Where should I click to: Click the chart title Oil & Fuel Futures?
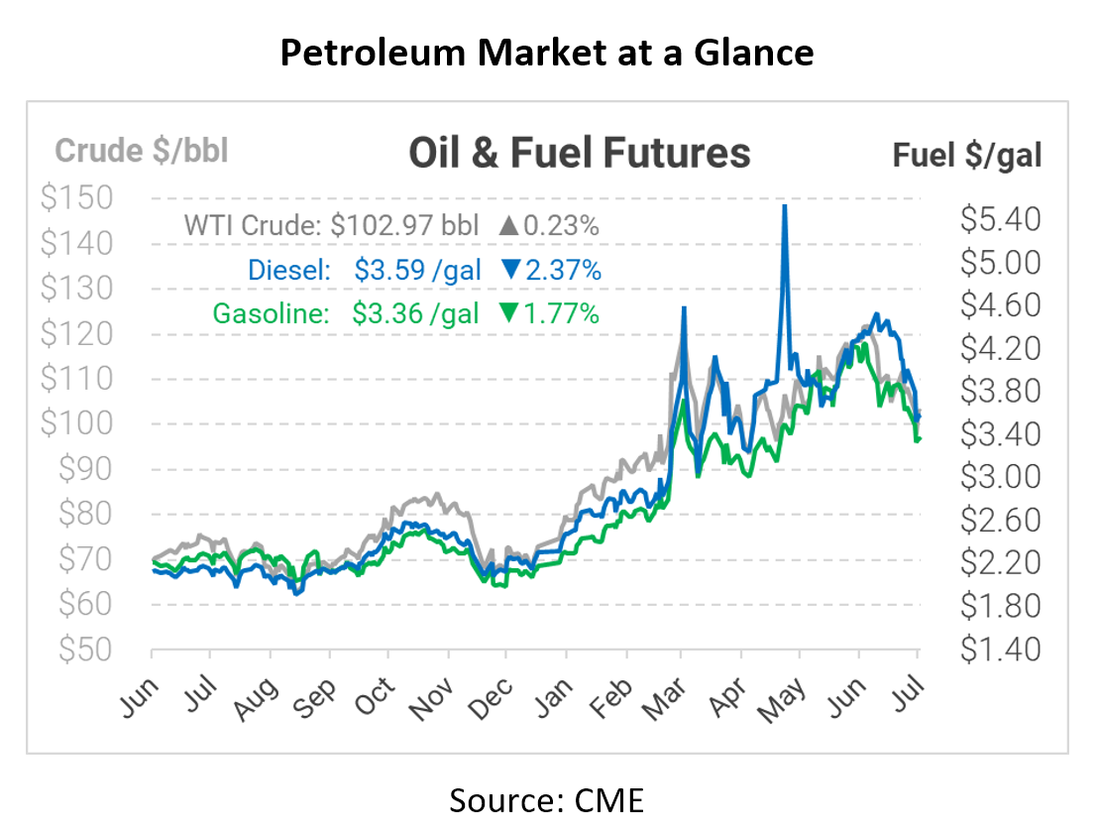tap(580, 153)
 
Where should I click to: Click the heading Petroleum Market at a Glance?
tap(547, 54)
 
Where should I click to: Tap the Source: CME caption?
tap(547, 799)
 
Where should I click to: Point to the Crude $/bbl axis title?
tap(142, 151)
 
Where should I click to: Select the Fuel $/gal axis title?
tap(967, 155)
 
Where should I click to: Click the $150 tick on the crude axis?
tap(76, 197)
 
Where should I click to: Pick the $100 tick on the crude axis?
tap(76, 423)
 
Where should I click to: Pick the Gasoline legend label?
tap(271, 313)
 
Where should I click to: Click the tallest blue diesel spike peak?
tap(785, 206)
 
